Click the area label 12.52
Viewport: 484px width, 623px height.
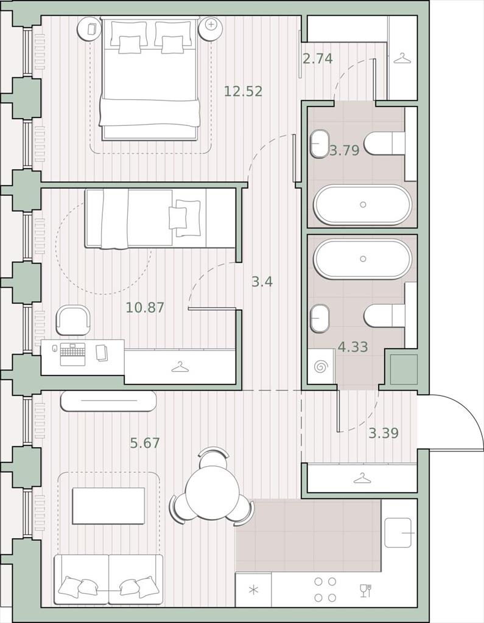click(244, 91)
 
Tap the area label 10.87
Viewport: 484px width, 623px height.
click(145, 307)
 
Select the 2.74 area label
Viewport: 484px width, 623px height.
click(318, 59)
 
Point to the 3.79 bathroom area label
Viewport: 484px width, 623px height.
click(345, 151)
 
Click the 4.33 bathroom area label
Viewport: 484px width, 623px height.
click(352, 347)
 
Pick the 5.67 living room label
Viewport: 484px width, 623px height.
click(145, 443)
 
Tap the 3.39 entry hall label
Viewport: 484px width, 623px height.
click(384, 433)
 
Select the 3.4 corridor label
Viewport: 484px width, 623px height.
click(262, 282)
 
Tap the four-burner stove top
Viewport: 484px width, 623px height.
click(325, 589)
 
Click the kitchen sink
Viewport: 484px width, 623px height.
click(398, 532)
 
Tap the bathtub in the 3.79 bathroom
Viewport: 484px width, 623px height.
click(363, 205)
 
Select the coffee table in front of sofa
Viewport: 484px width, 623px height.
click(108, 506)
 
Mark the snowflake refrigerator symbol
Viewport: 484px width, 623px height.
click(253, 590)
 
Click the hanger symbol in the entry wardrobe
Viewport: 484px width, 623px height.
click(362, 478)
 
